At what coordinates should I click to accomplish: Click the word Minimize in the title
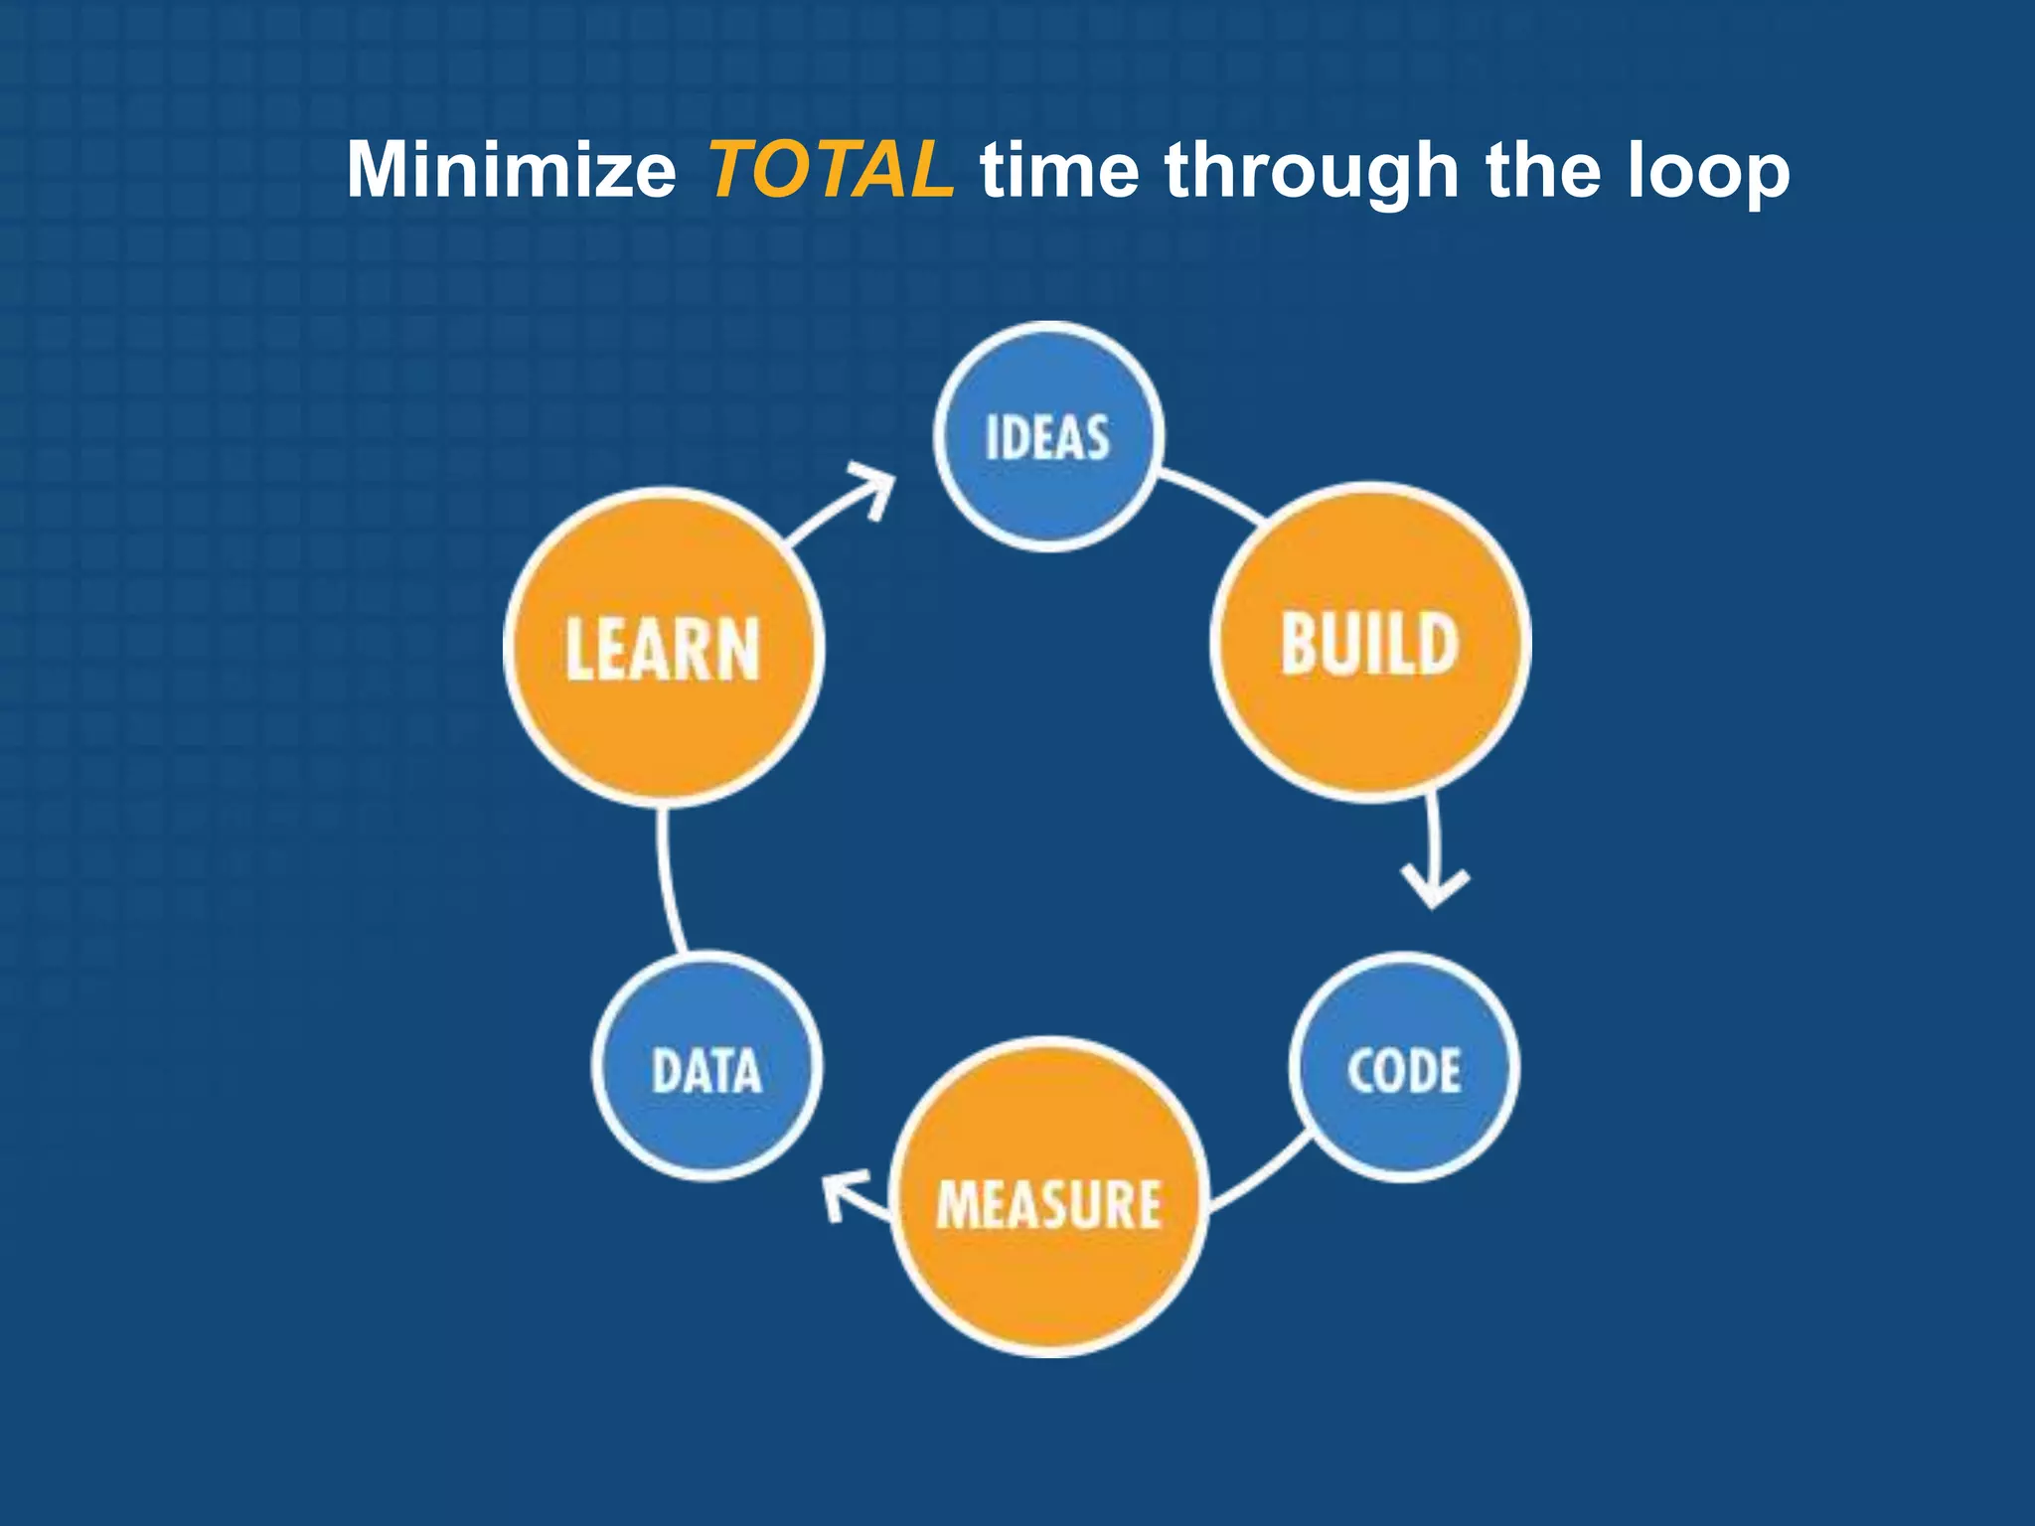pyautogui.click(x=511, y=170)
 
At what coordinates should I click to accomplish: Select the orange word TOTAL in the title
pyautogui.click(x=830, y=170)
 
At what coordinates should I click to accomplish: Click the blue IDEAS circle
pyautogui.click(x=1048, y=437)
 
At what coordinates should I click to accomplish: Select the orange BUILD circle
pyautogui.click(x=1370, y=643)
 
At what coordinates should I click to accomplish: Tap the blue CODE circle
pyautogui.click(x=1404, y=1068)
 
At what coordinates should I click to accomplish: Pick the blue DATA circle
pyautogui.click(x=706, y=1068)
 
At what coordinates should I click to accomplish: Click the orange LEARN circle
pyautogui.click(x=663, y=648)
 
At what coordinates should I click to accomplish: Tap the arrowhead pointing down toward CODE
pyautogui.click(x=1434, y=886)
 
